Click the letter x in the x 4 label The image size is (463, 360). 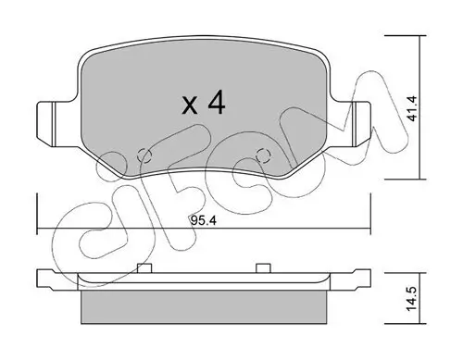[190, 104]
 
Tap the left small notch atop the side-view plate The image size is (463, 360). [143, 268]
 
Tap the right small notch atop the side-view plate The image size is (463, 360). [261, 268]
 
